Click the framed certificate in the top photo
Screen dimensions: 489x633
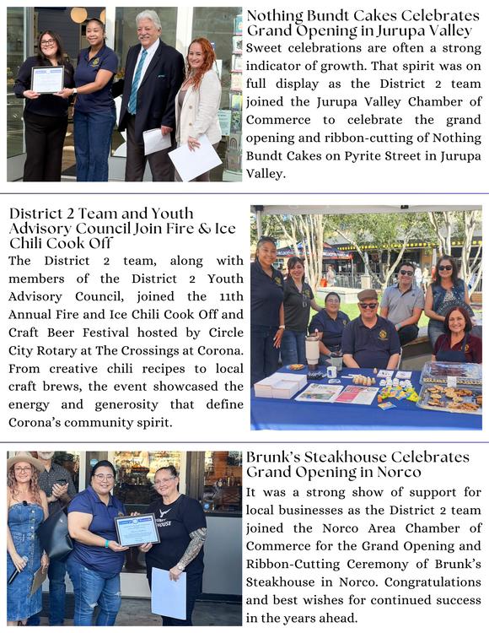coord(47,80)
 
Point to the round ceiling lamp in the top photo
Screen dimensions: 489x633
coord(78,15)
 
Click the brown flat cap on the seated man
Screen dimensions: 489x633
coord(368,296)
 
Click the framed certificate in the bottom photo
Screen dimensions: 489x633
coord(136,530)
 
